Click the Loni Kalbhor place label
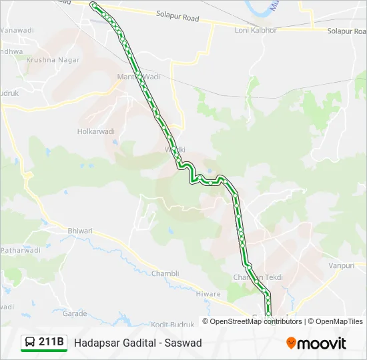[256, 31]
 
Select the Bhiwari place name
[80, 231]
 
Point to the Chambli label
[165, 273]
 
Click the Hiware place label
[208, 293]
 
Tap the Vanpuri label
[341, 265]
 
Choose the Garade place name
[75, 313]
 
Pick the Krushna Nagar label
[53, 60]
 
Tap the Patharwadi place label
[20, 251]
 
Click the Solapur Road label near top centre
[177, 15]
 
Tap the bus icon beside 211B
[30, 343]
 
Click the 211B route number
[51, 343]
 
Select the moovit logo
[316, 343]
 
